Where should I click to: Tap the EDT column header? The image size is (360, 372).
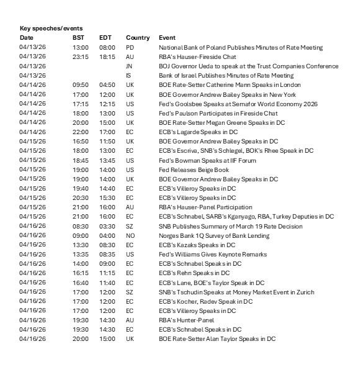tap(106, 38)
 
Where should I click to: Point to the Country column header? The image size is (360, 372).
tap(138, 38)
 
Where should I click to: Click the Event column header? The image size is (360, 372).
tap(168, 38)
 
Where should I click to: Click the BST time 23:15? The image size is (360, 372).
tap(81, 57)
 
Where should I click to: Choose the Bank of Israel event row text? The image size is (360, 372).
tap(226, 75)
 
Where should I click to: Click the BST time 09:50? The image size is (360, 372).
tap(81, 84)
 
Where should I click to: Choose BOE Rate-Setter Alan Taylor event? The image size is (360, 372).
tap(217, 339)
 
